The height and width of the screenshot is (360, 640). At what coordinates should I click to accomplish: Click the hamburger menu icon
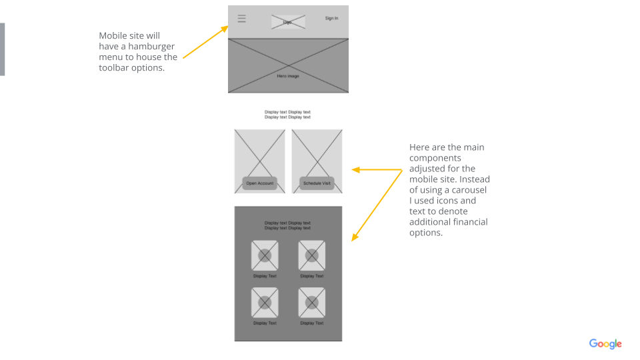tap(242, 19)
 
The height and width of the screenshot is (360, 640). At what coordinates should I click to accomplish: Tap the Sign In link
tap(331, 18)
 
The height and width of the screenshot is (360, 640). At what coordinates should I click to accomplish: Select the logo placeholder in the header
tap(288, 22)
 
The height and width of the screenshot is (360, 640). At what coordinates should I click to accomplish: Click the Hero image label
tap(288, 76)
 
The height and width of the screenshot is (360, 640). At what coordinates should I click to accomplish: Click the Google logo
tap(605, 344)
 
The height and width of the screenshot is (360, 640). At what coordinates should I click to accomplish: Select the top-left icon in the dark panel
tap(265, 255)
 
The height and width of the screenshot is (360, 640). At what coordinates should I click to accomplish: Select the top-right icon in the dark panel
tap(311, 255)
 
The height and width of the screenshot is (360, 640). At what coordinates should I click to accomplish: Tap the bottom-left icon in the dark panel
tap(265, 303)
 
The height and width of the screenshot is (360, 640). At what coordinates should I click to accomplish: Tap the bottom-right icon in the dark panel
tap(311, 303)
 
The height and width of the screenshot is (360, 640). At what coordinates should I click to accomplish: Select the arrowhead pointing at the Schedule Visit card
tap(356, 170)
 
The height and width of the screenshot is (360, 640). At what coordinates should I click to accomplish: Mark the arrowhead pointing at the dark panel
tap(355, 236)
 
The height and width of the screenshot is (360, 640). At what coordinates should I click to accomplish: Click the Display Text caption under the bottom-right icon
tap(311, 323)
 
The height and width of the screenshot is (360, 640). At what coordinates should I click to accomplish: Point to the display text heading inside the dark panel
tap(287, 225)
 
